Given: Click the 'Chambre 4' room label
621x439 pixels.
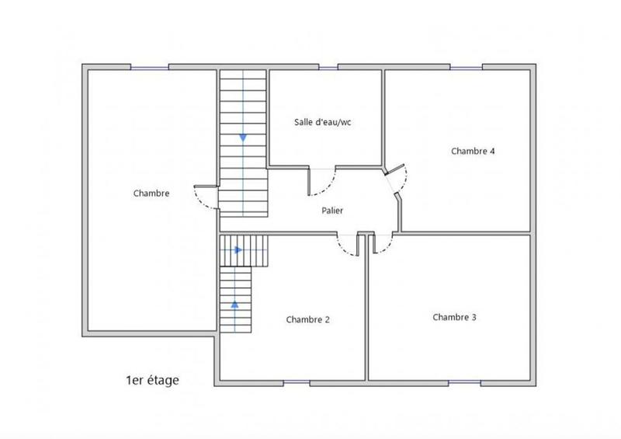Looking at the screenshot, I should pos(473,152).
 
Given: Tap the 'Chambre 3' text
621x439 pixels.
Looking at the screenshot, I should pos(454,317).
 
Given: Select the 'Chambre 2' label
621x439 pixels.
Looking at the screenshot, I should pos(307,319).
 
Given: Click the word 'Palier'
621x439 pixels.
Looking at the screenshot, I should pos(332,211).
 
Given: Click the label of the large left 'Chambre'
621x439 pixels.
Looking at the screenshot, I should pos(151,193).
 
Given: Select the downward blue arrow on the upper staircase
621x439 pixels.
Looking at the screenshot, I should pos(243,138).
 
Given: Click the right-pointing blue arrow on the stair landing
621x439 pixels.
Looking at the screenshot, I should pos(238,250).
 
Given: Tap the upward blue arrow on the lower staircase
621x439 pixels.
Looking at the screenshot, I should pos(234,304).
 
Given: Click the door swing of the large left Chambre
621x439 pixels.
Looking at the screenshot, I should pos(204,197).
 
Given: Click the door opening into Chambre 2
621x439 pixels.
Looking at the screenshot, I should pos(347,244).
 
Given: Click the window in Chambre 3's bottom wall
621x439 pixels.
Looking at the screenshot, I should pos(463,382).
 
